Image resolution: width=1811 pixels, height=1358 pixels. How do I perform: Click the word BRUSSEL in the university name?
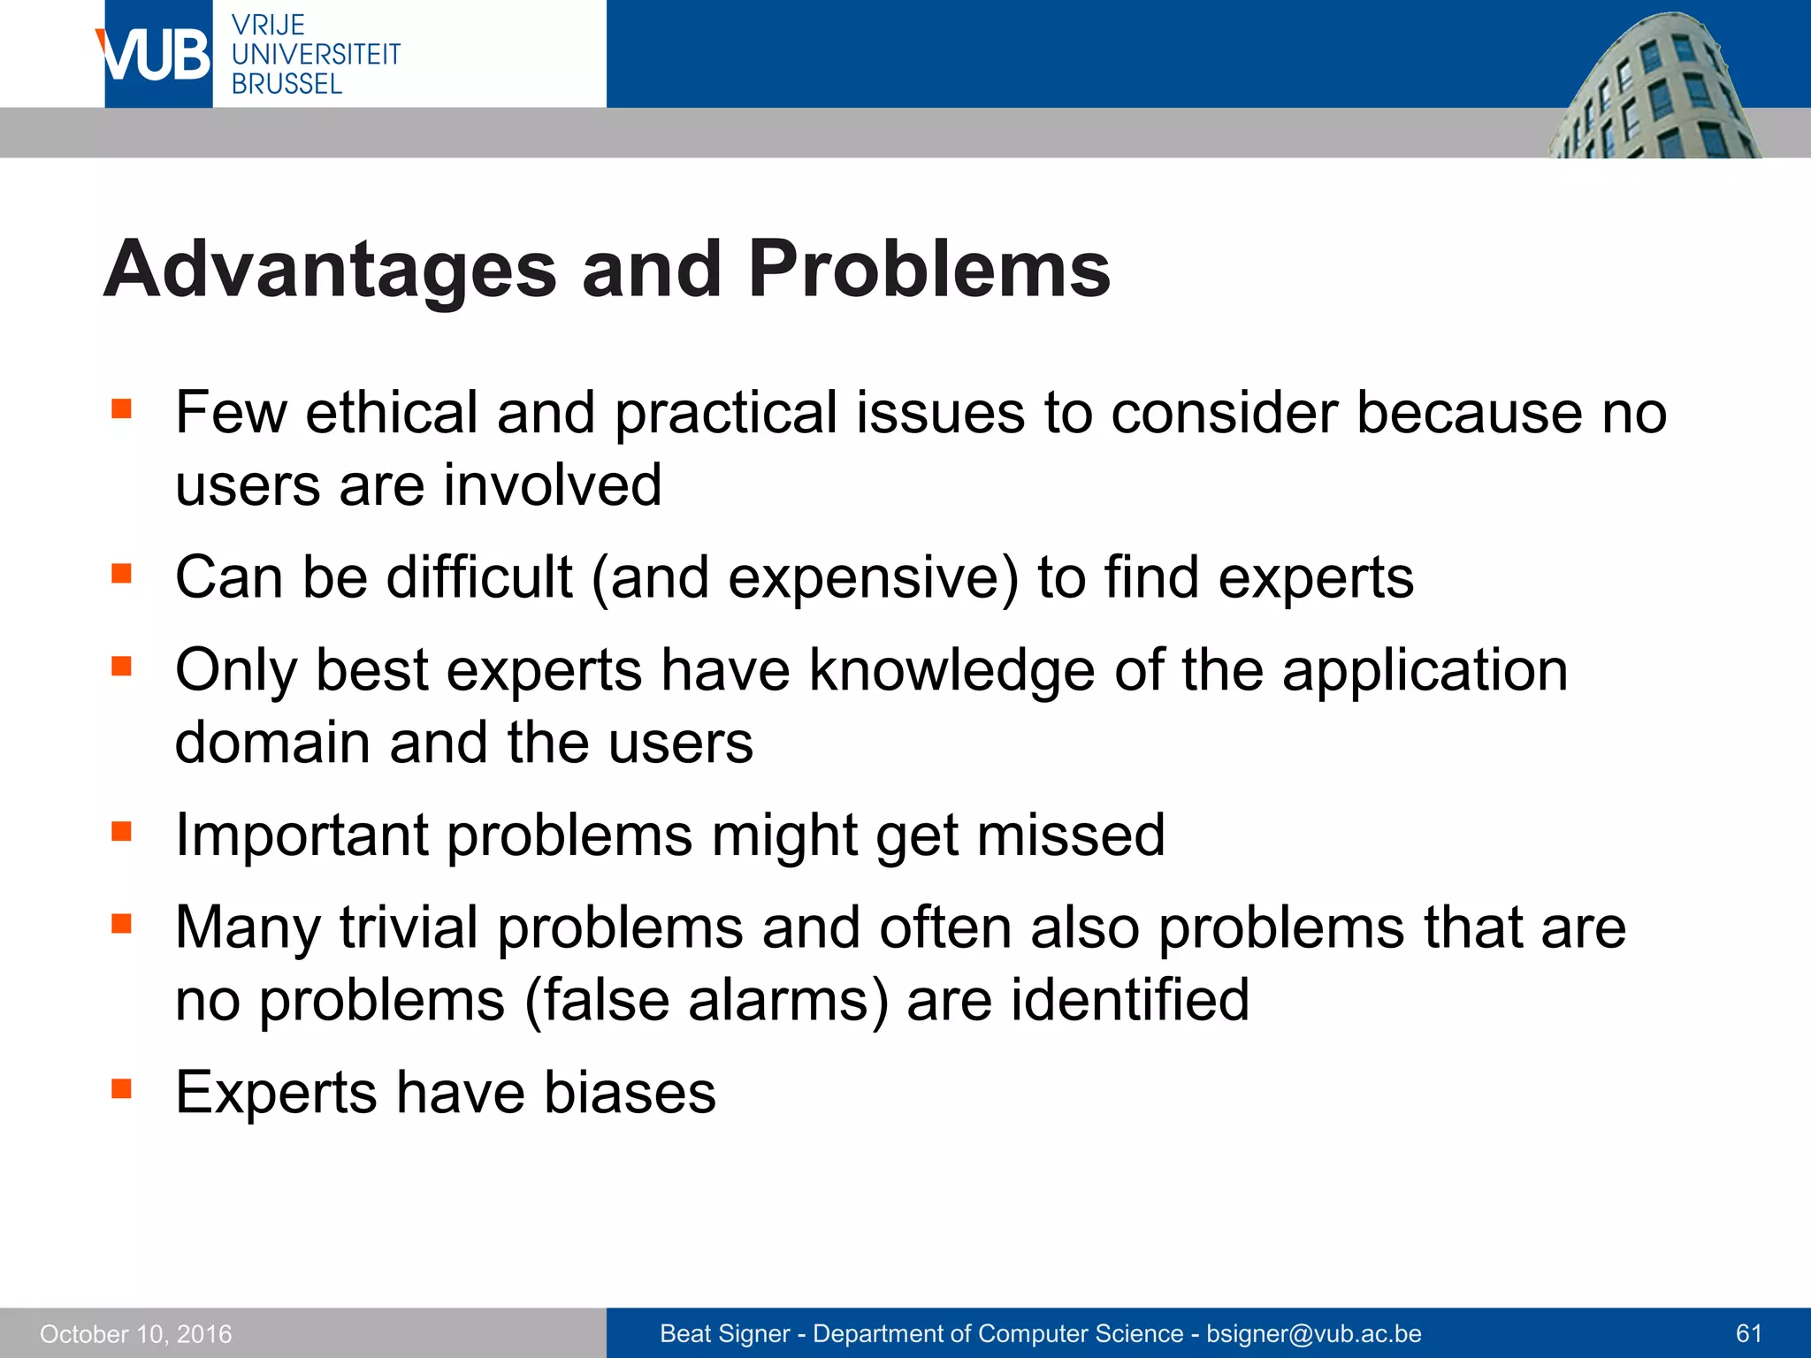tap(287, 84)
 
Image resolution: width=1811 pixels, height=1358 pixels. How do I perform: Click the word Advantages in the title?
tap(330, 270)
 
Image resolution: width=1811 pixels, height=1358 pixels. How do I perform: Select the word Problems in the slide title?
tap(928, 270)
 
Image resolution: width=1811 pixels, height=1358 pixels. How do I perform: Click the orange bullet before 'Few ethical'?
tap(121, 408)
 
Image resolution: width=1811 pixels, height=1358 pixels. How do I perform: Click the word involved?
tap(552, 485)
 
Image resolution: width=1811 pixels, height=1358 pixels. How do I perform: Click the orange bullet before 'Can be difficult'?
tap(121, 574)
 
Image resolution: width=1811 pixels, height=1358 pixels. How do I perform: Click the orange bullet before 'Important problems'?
tap(121, 831)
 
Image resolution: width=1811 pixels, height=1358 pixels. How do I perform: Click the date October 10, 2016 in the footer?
tap(135, 1333)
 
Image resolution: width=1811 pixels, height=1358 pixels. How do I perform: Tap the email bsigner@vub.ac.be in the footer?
tap(1313, 1333)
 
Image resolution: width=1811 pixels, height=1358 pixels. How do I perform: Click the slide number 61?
tap(1748, 1333)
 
